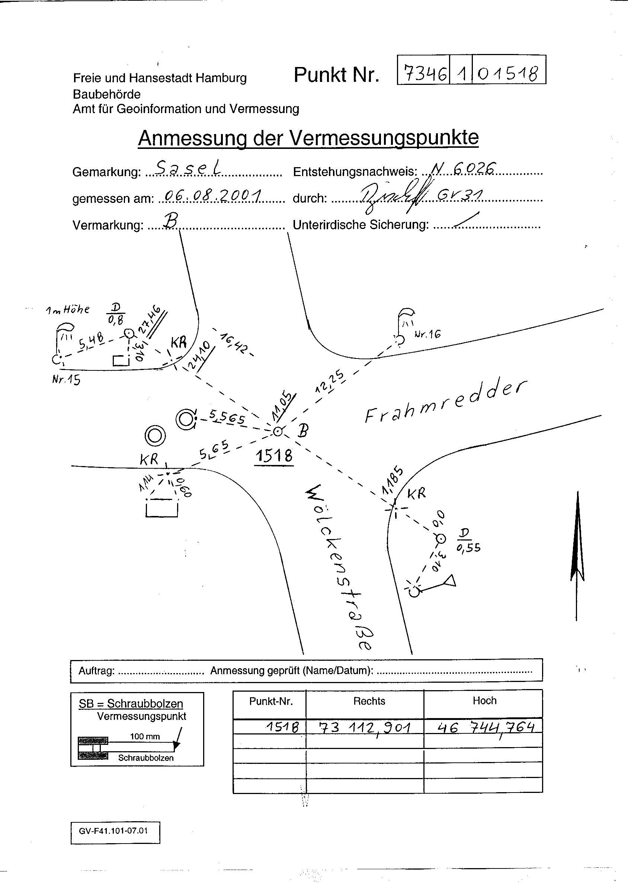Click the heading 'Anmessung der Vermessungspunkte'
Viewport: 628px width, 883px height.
pyautogui.click(x=308, y=138)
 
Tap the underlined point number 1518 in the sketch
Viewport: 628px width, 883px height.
pyautogui.click(x=274, y=456)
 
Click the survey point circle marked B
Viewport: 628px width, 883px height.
pyautogui.click(x=277, y=431)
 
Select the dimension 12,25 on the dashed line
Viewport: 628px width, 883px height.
pyautogui.click(x=329, y=382)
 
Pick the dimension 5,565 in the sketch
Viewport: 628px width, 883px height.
pyautogui.click(x=227, y=418)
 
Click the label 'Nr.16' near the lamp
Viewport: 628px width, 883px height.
pyautogui.click(x=427, y=334)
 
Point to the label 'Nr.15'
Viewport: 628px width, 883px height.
pyautogui.click(x=66, y=380)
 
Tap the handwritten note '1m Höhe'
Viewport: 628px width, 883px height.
pyautogui.click(x=68, y=310)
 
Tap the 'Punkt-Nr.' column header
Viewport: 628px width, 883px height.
pyautogui.click(x=271, y=701)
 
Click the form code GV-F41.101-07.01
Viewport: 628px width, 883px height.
pyautogui.click(x=113, y=831)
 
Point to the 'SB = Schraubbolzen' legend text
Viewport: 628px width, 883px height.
pyautogui.click(x=131, y=704)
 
